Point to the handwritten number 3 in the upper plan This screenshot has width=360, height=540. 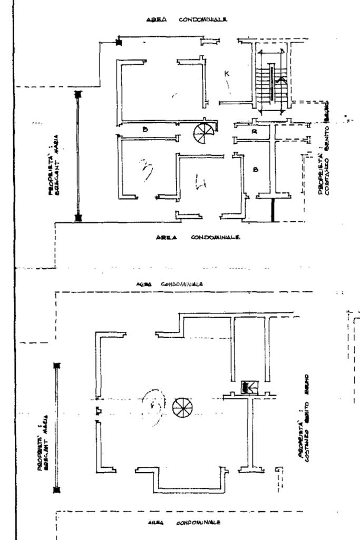[144, 170]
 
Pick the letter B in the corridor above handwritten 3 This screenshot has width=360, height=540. [143, 129]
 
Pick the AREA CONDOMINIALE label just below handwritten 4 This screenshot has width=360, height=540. [198, 238]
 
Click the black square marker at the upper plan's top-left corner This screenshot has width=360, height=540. [119, 43]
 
